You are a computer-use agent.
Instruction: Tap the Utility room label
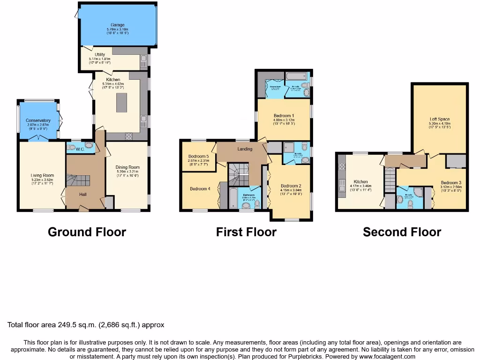(x=100, y=55)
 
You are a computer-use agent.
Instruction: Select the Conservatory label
(x=38, y=121)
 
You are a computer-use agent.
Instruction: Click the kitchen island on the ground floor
(x=122, y=102)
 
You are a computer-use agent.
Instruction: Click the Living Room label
(x=42, y=176)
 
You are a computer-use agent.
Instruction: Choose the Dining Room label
(x=128, y=167)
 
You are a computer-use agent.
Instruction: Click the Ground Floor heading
(x=87, y=232)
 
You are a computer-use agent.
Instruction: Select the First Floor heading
(x=246, y=232)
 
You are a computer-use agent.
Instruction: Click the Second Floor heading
(x=402, y=232)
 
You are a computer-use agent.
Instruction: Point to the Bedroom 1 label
(x=284, y=116)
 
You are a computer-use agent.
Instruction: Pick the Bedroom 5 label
(x=198, y=157)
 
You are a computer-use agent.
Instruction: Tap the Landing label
(x=245, y=149)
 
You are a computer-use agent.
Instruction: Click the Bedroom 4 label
(x=200, y=189)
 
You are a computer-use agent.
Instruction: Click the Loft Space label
(x=440, y=119)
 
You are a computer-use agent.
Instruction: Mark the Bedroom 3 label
(x=451, y=183)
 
